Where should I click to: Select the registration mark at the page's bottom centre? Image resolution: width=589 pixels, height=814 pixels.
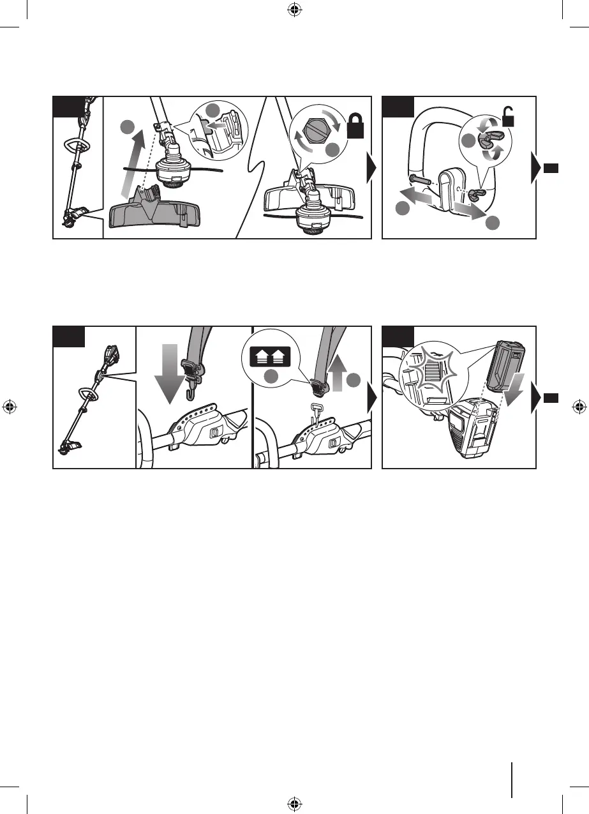click(294, 804)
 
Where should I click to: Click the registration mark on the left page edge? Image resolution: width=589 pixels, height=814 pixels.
click(10, 407)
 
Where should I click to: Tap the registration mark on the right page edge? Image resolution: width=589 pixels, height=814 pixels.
click(578, 407)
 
